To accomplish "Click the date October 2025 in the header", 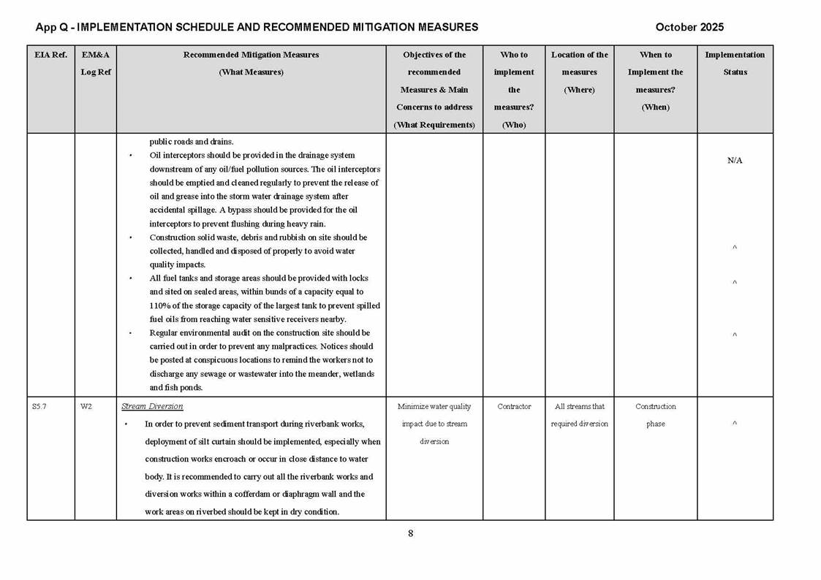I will pyautogui.click(x=689, y=27).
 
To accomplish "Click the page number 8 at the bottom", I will pyautogui.click(x=410, y=533).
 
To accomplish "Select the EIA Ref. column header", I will pyautogui.click(x=50, y=55).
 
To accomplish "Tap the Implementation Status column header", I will pyautogui.click(x=735, y=64).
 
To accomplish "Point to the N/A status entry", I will pyautogui.click(x=735, y=161).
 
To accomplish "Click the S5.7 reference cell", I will pyautogui.click(x=39, y=407).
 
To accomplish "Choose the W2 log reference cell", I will pyautogui.click(x=86, y=407).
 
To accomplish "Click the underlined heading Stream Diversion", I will pyautogui.click(x=152, y=406).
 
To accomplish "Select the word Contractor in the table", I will pyautogui.click(x=514, y=407).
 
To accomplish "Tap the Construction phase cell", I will pyautogui.click(x=655, y=415).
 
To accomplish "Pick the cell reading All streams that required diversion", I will pyautogui.click(x=579, y=415).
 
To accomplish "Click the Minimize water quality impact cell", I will pyautogui.click(x=434, y=424).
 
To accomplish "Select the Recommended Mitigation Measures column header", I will pyautogui.click(x=251, y=64).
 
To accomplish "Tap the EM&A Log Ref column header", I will pyautogui.click(x=95, y=64).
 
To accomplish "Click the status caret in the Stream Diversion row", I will pyautogui.click(x=735, y=424).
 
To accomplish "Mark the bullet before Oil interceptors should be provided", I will pyautogui.click(x=131, y=156).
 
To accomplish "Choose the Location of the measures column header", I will pyautogui.click(x=579, y=72).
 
